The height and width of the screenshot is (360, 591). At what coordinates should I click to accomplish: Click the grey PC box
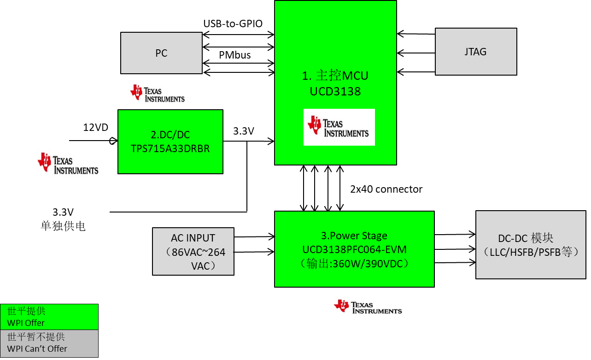(161, 53)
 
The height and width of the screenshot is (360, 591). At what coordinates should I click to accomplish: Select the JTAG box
(475, 52)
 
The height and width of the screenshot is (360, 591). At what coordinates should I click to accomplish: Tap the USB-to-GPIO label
(233, 24)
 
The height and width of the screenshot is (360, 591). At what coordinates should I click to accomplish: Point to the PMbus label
(234, 55)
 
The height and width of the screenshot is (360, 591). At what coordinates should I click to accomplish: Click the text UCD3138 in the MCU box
(335, 91)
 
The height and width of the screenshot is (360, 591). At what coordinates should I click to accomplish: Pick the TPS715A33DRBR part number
(170, 148)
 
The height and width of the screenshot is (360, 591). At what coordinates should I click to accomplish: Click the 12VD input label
(95, 127)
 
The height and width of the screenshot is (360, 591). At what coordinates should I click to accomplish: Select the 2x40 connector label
(386, 189)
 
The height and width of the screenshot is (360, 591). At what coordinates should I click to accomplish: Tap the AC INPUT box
(193, 252)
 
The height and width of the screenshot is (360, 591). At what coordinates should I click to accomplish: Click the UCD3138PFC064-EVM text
(354, 249)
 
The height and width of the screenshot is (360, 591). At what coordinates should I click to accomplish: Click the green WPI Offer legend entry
(49, 317)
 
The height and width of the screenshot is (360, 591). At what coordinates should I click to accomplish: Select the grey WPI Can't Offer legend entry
(49, 343)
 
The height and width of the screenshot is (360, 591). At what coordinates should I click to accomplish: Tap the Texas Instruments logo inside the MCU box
(339, 127)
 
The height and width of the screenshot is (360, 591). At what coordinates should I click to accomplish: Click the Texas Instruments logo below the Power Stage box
(369, 307)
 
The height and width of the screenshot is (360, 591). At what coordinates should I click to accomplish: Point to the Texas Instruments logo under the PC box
(158, 94)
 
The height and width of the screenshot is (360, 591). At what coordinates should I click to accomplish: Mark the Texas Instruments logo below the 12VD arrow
(69, 164)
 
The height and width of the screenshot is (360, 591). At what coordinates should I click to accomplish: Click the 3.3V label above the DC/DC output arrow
(244, 131)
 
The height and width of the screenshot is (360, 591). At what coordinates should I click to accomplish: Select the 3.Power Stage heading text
(354, 236)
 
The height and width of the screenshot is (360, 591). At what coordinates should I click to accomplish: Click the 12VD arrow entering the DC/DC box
(92, 141)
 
